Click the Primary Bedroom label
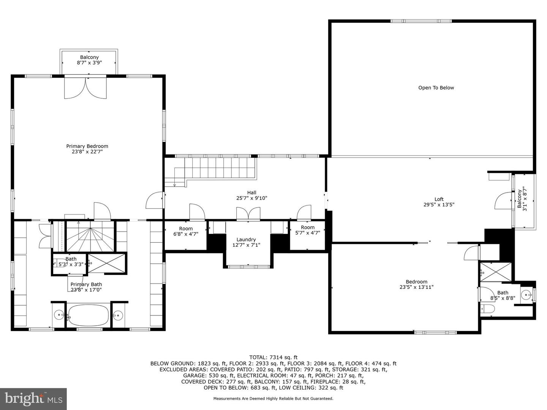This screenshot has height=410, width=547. coord(87,146)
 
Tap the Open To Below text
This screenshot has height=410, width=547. coord(436,88)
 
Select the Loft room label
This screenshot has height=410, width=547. coord(439,199)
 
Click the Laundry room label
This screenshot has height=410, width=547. coord(246,240)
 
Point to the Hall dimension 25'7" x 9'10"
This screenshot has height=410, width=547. coord(251,198)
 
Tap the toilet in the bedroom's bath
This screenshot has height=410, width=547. coord(487,309)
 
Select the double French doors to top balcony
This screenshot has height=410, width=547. coord(85,87)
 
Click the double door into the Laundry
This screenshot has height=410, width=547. coord(248,214)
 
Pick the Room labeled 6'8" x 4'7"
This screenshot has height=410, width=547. coord(186,232)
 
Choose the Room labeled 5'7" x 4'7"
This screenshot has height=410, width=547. coord(308,230)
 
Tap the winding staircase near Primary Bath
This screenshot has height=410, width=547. coord(90,237)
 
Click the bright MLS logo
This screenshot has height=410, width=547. coord(33,399)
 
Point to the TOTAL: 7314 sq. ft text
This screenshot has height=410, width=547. coord(273,357)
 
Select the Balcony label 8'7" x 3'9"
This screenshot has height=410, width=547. coord(89,60)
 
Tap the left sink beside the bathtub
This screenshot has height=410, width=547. coord(59,315)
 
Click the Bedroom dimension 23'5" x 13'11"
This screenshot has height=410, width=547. coord(416,287)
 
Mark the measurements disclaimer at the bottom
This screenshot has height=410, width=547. coord(273,399)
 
